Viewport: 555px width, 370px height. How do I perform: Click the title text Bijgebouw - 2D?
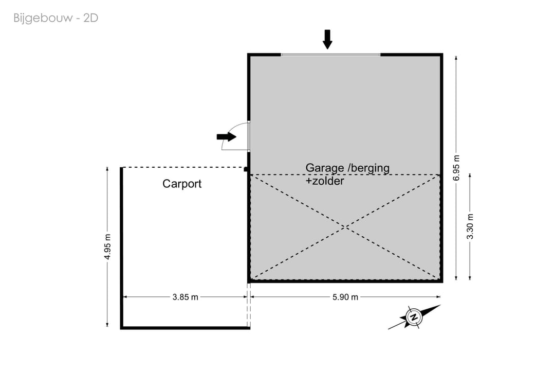pos(55,18)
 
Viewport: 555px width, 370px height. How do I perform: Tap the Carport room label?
pos(182,184)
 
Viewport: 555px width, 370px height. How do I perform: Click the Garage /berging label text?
pos(347,168)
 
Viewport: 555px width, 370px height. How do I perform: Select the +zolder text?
pos(325,181)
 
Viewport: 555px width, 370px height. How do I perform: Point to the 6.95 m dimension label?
pos(456,168)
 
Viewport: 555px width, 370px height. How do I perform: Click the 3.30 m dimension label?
pos(470,226)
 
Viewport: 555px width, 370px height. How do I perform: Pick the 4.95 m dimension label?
pos(107,246)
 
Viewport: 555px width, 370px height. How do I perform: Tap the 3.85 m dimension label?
pos(185,297)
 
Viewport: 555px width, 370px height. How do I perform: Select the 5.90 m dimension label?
pos(345,297)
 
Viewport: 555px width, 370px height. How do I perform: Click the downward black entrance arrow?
pos(327,39)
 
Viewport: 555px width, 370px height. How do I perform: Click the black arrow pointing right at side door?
pos(227,136)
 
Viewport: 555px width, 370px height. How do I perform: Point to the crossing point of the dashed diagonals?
pos(345,227)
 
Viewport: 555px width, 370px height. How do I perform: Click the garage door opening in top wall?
pos(330,55)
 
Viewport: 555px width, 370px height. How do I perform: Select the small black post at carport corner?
pos(246,169)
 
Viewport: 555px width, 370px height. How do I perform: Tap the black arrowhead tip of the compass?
pos(440,305)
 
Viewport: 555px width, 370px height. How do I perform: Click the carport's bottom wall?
pos(185,328)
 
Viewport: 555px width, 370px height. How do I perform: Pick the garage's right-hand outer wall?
pos(441,168)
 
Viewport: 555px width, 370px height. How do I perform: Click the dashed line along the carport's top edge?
pos(183,167)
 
